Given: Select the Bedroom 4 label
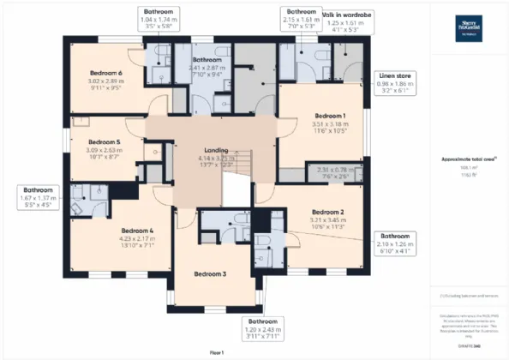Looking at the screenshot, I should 136,231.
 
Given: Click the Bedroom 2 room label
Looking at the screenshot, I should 326,212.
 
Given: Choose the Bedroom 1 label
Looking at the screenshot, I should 329,115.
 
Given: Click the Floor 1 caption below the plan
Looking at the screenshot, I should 216,352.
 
